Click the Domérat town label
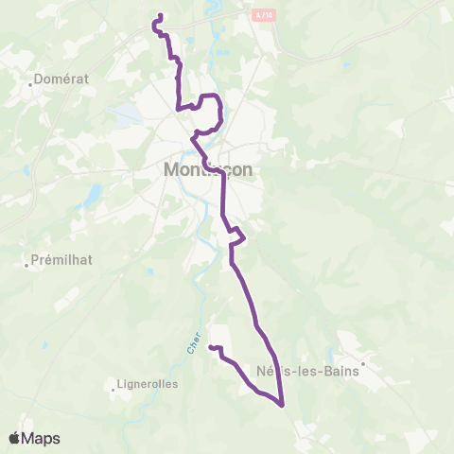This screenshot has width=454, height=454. (x=62, y=79)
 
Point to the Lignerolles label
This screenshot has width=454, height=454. (x=140, y=385)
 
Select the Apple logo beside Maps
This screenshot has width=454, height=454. (x=14, y=438)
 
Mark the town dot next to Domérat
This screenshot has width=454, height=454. (x=34, y=79)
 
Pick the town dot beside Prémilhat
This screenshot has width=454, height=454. (x=27, y=265)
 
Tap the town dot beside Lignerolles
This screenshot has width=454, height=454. (x=111, y=385)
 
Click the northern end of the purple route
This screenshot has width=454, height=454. (x=161, y=15)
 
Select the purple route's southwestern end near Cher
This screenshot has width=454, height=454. (x=211, y=349)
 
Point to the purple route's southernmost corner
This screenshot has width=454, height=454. (x=282, y=406)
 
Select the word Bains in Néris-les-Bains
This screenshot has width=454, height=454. (x=340, y=371)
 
